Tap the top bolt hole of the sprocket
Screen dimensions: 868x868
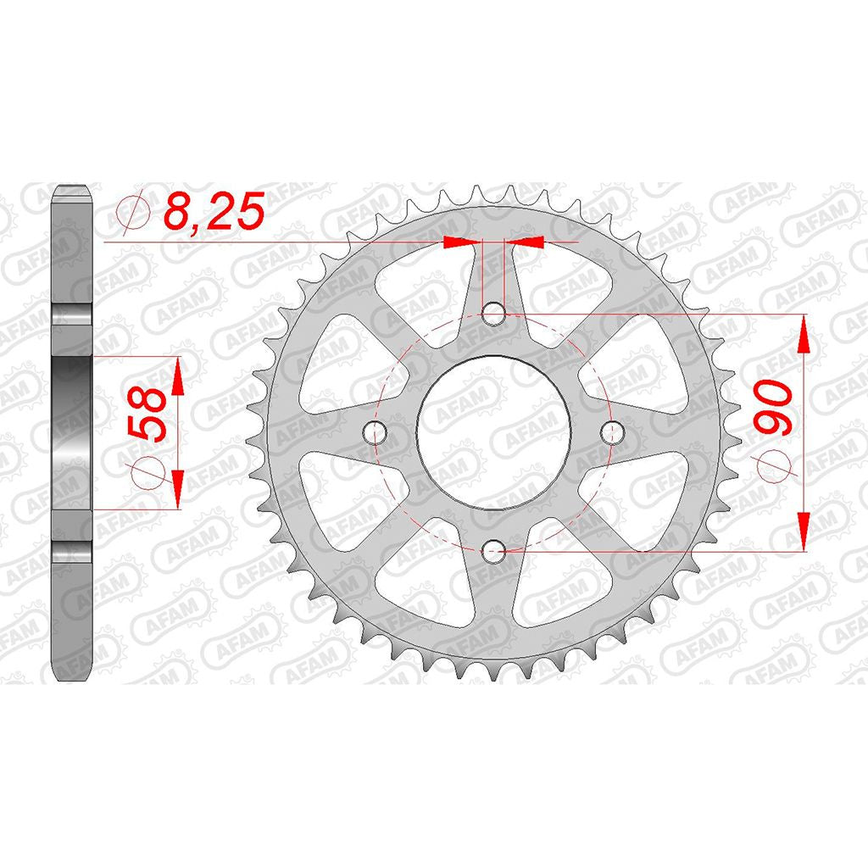493,315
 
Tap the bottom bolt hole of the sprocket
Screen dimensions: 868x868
493,550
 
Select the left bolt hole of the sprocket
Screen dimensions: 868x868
376,432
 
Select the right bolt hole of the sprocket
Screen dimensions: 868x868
611,432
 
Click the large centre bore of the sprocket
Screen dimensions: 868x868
493,432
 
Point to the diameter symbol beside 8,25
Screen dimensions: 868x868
133,210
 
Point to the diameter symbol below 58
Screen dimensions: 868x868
148,472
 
